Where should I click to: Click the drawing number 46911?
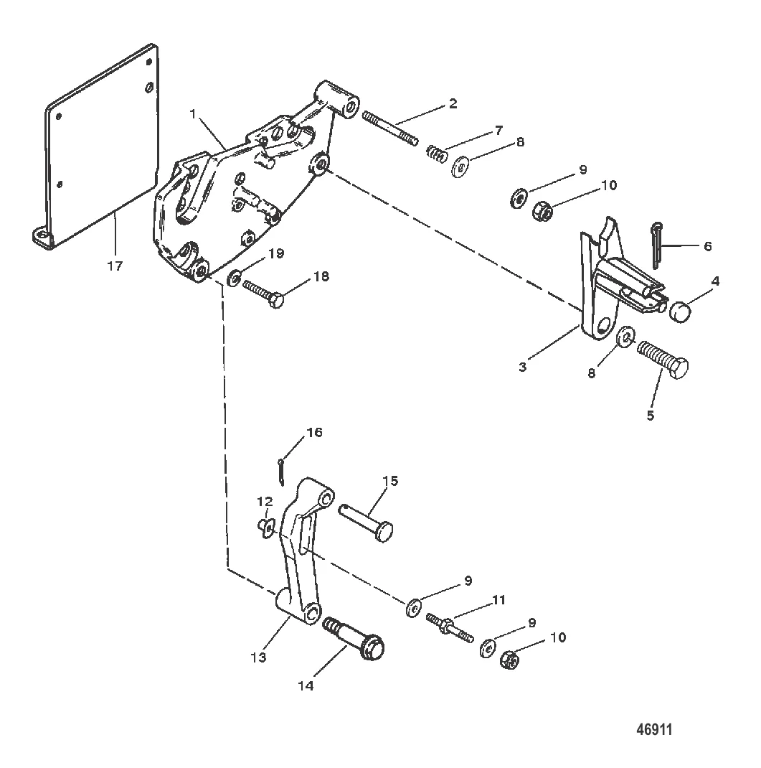[654, 729]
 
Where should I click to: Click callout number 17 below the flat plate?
[115, 266]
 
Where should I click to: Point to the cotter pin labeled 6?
[656, 246]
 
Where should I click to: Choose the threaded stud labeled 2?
[390, 128]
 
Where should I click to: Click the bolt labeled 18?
[263, 294]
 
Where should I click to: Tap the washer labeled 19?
[234, 278]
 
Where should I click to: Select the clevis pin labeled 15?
[366, 523]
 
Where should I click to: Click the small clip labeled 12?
[265, 528]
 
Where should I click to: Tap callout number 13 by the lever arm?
[258, 657]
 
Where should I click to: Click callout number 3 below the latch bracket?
[523, 366]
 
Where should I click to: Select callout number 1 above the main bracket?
[193, 114]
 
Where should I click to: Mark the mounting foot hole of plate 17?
[43, 236]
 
